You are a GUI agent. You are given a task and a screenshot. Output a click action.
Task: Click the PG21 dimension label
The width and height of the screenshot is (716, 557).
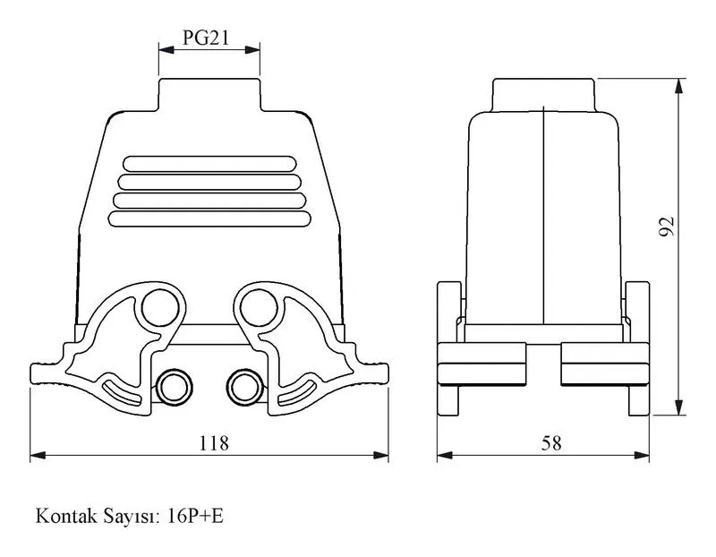coord(206,38)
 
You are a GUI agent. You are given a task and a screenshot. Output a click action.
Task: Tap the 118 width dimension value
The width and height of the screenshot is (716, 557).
coord(214,442)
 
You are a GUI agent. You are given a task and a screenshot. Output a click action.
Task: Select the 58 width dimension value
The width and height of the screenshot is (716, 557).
coord(551,442)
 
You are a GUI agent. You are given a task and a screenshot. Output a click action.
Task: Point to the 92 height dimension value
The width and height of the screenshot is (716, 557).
coord(666,227)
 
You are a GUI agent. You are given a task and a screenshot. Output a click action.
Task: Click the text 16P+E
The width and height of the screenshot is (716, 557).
coord(195,517)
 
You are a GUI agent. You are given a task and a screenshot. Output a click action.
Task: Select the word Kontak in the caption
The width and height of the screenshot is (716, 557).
coord(66,517)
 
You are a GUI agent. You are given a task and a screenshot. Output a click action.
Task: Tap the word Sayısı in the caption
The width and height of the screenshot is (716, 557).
coord(132,518)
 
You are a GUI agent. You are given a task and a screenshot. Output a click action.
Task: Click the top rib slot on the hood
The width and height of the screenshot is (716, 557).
coord(209,164)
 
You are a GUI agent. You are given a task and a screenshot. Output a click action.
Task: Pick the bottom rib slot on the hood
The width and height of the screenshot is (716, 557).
coord(209,219)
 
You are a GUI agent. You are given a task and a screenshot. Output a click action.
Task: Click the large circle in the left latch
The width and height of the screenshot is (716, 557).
coord(160,308)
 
